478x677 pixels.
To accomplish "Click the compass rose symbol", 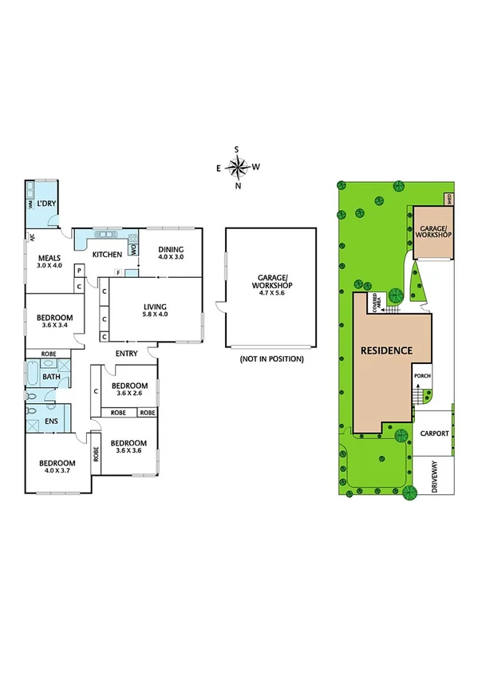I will (x=238, y=167).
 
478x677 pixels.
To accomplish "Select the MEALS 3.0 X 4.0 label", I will (x=51, y=261).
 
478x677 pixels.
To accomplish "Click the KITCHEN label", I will (x=107, y=255).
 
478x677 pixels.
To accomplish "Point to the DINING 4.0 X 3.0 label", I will (x=170, y=252).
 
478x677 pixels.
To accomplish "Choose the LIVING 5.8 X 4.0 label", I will (x=155, y=309).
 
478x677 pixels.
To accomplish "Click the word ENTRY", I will (x=127, y=354).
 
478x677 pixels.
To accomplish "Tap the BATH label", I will (x=51, y=377).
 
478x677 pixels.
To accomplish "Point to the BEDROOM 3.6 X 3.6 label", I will (x=128, y=447).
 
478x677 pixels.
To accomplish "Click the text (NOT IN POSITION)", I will (x=272, y=359).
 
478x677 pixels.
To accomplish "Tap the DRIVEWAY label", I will (x=435, y=478).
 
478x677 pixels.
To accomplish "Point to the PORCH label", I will (x=422, y=376).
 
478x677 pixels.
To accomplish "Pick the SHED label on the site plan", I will (x=450, y=200).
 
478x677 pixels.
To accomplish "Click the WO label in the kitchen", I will (x=133, y=249).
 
